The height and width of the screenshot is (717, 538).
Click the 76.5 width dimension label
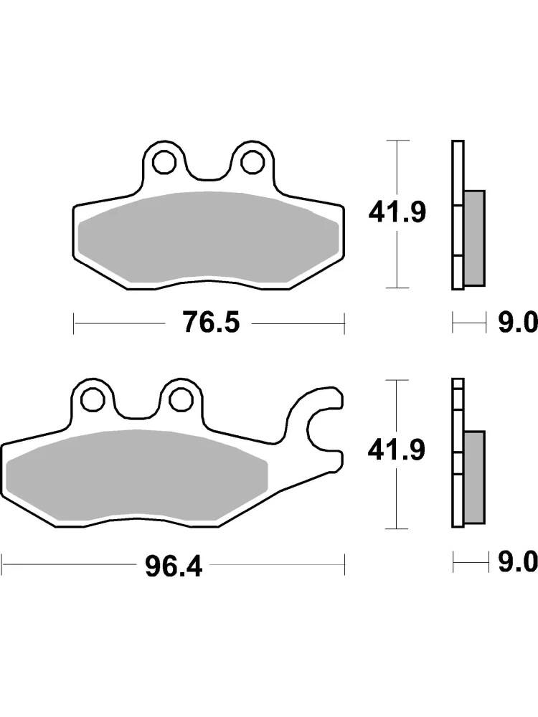point(211,322)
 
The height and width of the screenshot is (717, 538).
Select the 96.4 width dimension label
point(174,567)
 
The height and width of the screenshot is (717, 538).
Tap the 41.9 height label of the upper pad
point(397,212)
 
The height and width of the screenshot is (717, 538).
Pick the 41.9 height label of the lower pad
point(397,450)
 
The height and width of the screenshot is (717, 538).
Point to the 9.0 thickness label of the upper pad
point(517,323)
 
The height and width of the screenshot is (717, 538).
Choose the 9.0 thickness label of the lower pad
point(517,561)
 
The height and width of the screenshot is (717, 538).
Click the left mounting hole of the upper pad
point(164,161)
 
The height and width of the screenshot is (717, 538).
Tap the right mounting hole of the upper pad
point(253,161)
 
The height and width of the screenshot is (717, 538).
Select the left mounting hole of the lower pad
point(93,399)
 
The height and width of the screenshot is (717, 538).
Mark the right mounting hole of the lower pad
point(181,399)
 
